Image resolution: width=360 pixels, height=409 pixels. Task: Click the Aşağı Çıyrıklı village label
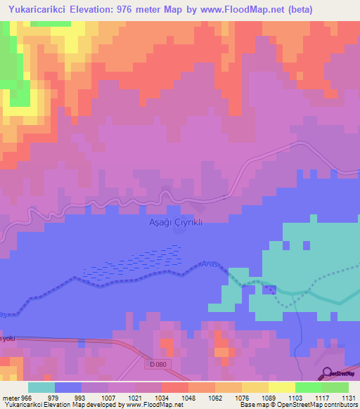tap(174, 221)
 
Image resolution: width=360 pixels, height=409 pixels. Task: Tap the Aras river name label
tap(210, 264)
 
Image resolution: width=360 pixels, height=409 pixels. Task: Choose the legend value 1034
tap(161, 397)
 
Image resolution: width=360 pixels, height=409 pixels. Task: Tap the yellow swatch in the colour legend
tap(281, 387)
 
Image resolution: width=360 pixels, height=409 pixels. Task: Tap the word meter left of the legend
tap(11, 397)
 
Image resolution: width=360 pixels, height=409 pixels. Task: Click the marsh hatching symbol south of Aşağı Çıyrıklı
tap(134, 267)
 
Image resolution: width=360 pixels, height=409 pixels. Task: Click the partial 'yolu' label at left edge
tap(8, 338)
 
